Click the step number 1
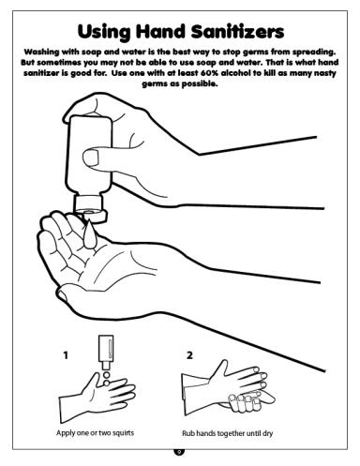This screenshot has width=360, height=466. point(66,355)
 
